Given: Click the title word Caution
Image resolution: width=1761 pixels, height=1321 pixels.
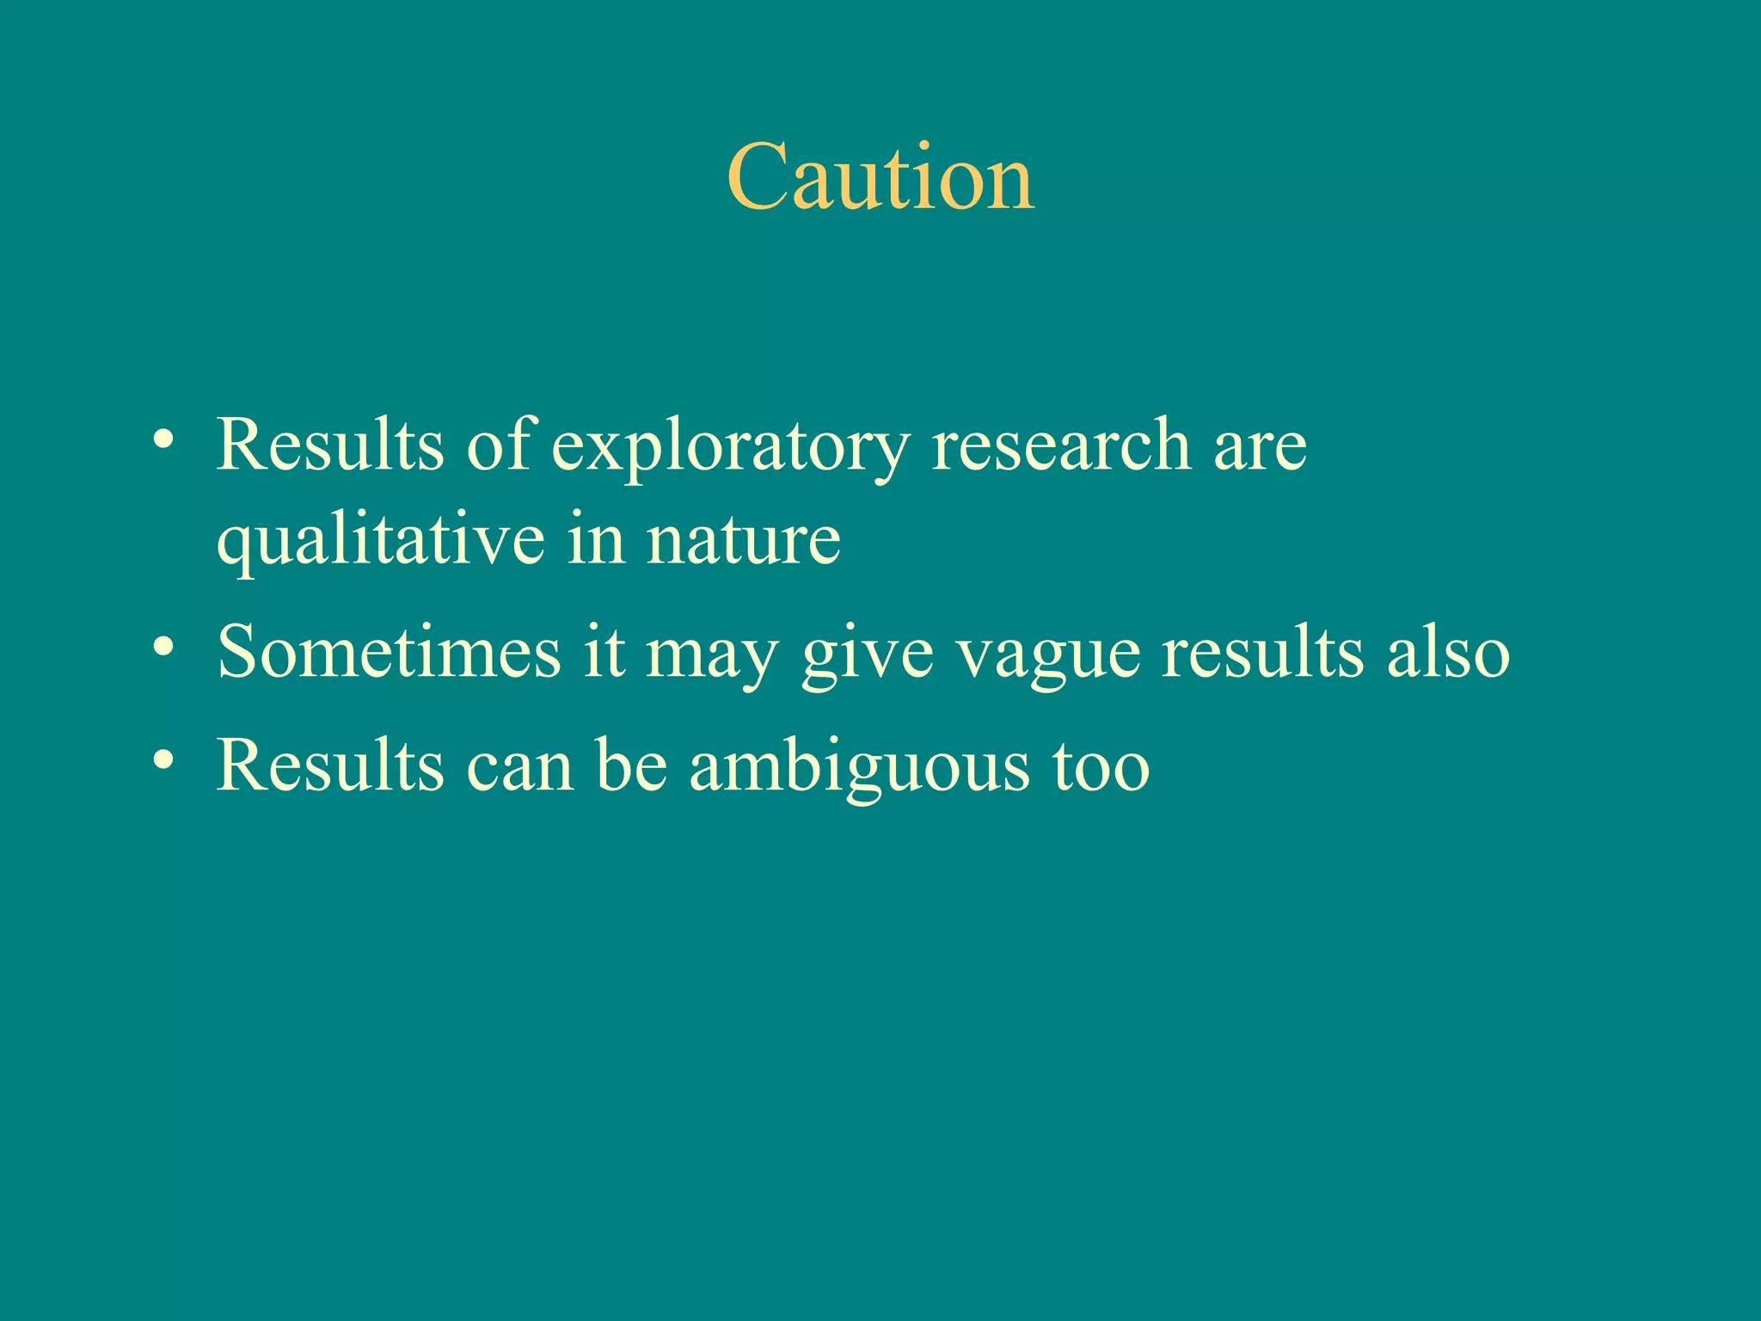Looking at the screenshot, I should click(x=880, y=178).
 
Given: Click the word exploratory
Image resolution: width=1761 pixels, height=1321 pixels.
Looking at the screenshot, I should click(x=729, y=447).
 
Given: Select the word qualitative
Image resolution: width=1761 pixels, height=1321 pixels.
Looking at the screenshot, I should click(x=380, y=542).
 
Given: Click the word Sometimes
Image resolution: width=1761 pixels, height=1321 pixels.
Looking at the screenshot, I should click(x=389, y=652).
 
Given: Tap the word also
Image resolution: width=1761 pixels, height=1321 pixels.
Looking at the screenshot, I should click(x=1448, y=652).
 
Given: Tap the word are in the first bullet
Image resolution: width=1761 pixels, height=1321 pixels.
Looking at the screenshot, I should click(x=1260, y=447).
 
